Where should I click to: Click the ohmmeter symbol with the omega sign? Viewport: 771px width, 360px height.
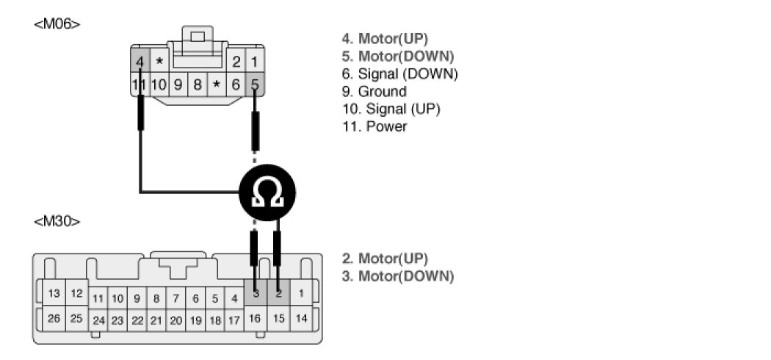[x=267, y=192]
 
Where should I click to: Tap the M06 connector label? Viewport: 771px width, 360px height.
[x=57, y=24]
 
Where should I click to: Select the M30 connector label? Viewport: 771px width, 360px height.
[x=57, y=221]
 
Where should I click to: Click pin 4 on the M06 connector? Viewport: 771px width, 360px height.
[x=140, y=62]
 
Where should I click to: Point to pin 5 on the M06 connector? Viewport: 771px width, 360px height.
[x=255, y=84]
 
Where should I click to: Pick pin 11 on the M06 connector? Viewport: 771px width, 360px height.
[x=140, y=84]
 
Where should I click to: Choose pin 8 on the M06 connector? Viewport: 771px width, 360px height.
[x=197, y=84]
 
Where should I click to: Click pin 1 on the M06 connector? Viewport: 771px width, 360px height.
[x=255, y=62]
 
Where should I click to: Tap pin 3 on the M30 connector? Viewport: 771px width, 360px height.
[x=255, y=294]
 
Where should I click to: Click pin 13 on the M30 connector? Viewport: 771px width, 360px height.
[x=54, y=294]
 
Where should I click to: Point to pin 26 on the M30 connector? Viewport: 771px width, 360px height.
[x=54, y=319]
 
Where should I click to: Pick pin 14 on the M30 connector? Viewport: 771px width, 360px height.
[x=301, y=319]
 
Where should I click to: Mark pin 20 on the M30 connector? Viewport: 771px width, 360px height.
[x=176, y=320]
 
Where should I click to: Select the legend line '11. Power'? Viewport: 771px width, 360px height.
[x=374, y=127]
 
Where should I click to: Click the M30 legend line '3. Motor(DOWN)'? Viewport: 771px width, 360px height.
[x=397, y=276]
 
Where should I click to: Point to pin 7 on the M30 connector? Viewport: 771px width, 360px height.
[x=176, y=299]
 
